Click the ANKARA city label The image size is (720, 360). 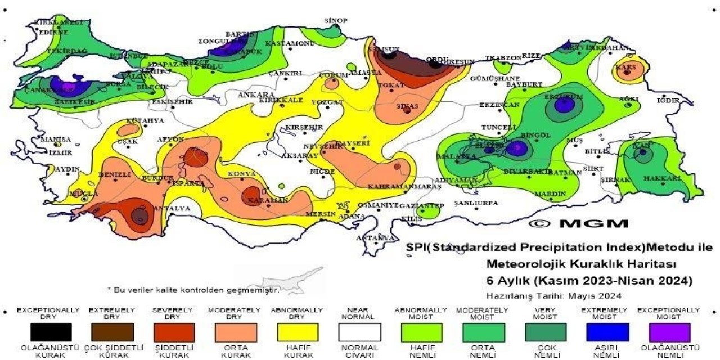click(x=255, y=94)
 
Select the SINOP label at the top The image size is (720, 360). click(x=335, y=21)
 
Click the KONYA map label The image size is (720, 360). click(x=242, y=174)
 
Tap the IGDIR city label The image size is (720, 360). click(x=668, y=101)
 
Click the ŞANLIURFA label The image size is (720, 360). click(x=476, y=202)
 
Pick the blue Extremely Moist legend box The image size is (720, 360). click(x=607, y=332)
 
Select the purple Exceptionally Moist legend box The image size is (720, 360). click(x=669, y=332)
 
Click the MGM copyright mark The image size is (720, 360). click(x=579, y=223)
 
